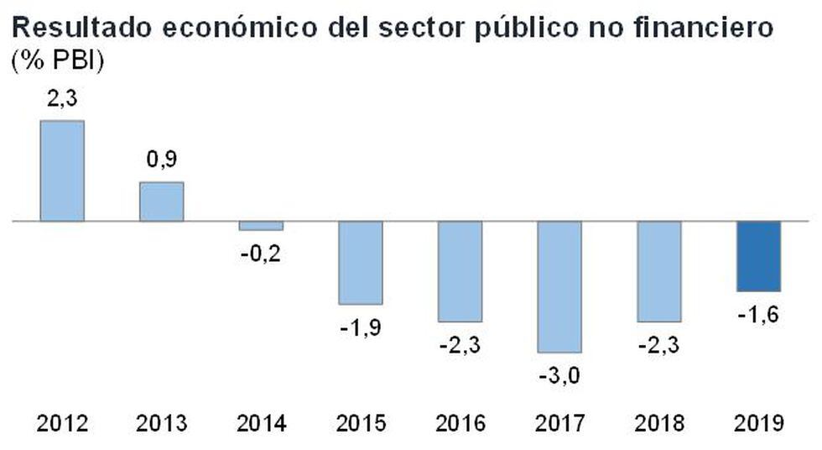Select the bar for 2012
[62, 171]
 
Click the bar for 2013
[161, 201]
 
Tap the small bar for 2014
[261, 226]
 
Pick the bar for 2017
[559, 286]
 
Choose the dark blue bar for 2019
[758, 256]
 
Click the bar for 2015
[361, 263]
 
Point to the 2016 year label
[460, 423]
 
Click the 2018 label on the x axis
[659, 423]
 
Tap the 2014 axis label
[261, 423]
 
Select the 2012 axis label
[62, 423]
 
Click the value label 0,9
[161, 160]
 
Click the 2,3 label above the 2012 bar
[62, 99]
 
